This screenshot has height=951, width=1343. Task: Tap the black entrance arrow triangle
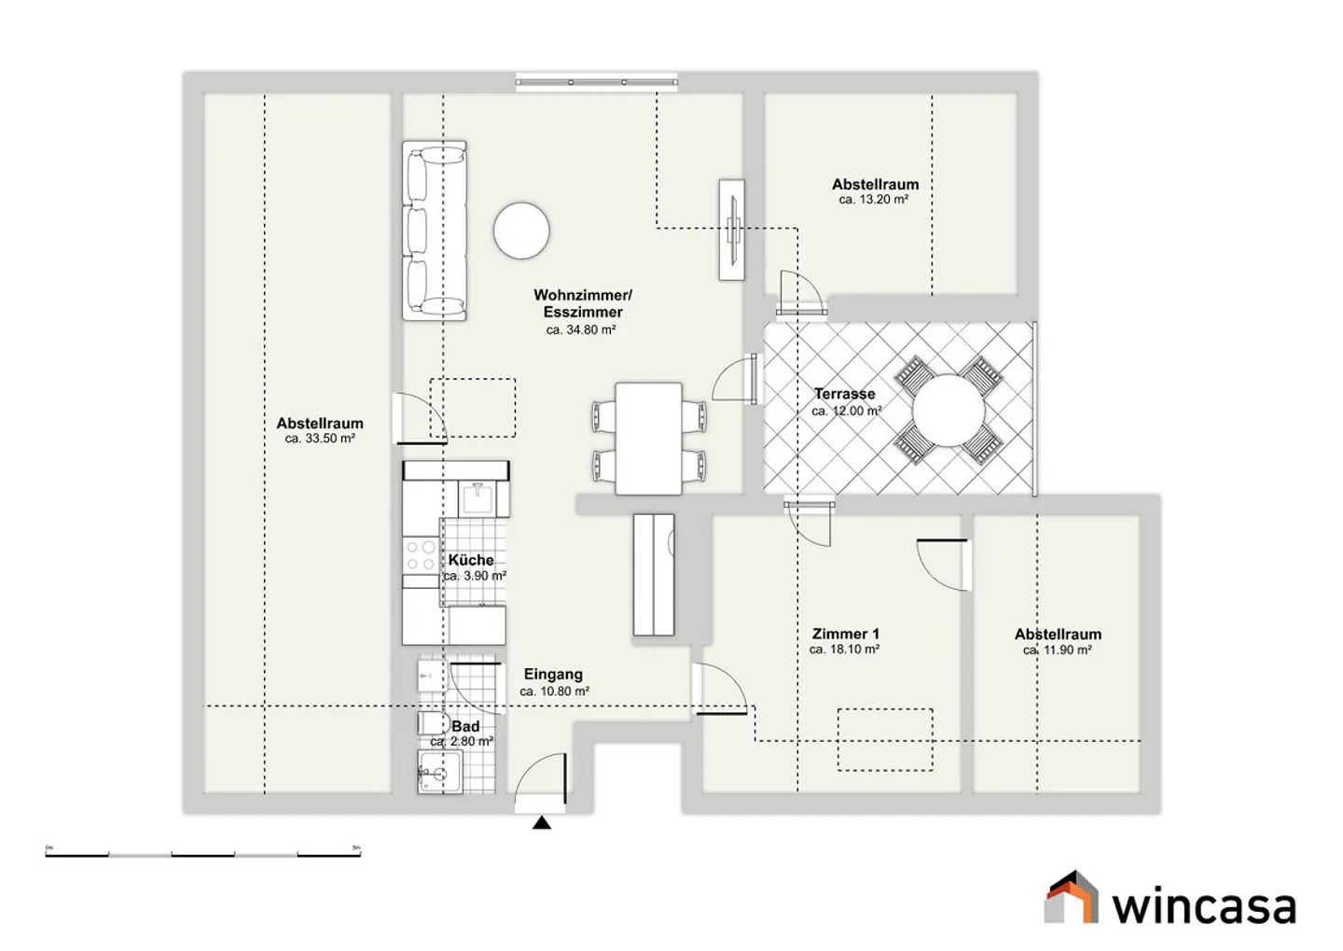coord(541,822)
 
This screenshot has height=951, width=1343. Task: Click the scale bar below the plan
coord(202,854)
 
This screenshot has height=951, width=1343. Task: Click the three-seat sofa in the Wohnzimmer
coord(434,231)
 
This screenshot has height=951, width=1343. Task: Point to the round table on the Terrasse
coord(948,411)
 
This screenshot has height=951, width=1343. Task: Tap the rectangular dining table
coord(648,439)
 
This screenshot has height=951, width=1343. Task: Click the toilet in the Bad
coord(432,723)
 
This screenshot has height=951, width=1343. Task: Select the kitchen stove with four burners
coord(421,555)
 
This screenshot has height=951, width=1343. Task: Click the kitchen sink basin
coord(478,498)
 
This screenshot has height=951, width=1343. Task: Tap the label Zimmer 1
coord(845,634)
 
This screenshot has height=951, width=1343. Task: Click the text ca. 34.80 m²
coord(581,329)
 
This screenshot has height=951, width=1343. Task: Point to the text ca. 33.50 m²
coord(320,439)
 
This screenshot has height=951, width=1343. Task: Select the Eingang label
coord(553,675)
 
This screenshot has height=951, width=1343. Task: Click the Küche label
coord(471,560)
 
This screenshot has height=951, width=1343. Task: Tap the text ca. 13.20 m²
coord(874,200)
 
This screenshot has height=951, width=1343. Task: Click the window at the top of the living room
coord(597,82)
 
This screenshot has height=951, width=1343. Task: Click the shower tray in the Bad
coord(440,772)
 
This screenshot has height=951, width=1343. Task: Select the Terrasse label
coord(844,394)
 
